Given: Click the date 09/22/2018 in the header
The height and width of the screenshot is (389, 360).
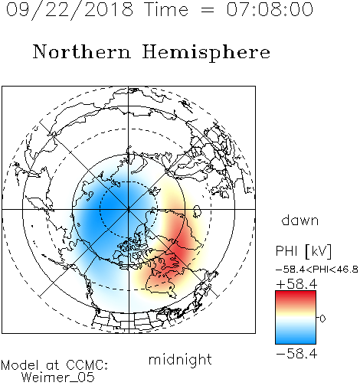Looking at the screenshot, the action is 70,10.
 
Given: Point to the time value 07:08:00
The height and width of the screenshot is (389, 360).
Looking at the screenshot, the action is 270,10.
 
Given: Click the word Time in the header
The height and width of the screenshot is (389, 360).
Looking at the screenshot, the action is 166,10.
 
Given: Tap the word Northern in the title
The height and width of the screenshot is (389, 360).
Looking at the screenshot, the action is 82,51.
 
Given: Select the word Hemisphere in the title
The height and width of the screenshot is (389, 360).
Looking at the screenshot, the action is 206,53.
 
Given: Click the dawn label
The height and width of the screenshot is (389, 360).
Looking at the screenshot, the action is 300,220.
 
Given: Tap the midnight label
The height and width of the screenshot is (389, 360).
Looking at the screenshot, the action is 180,359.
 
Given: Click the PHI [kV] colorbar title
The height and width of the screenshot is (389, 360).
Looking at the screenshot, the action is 303,251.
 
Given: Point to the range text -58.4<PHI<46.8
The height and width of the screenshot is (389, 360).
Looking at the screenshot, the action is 317,270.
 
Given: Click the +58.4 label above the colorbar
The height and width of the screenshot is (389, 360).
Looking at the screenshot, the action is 296,284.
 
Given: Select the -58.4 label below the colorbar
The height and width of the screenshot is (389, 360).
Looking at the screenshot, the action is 296,354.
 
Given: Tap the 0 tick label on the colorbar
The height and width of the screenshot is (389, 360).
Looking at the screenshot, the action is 322,319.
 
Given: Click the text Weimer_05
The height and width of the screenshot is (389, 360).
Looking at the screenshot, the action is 57,378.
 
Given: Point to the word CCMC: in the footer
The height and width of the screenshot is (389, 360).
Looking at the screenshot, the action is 87,365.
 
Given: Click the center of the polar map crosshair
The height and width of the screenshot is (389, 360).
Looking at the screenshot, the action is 129,209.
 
